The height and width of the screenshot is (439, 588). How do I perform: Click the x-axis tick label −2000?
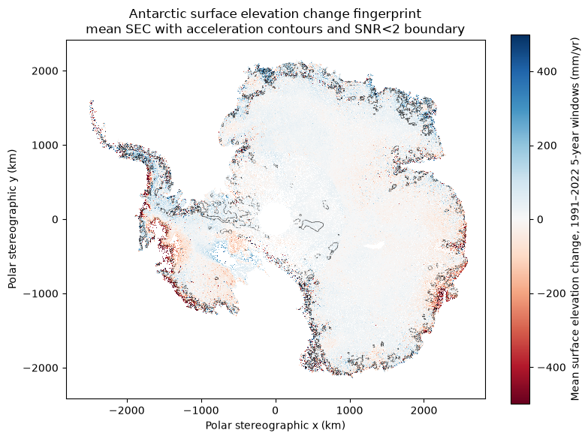(127, 410)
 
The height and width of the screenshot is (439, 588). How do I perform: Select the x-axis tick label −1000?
(201, 410)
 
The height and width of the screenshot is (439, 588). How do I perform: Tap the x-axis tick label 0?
(276, 410)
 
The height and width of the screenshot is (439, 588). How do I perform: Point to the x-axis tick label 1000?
(350, 410)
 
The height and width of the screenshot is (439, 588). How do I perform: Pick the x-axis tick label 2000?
(424, 410)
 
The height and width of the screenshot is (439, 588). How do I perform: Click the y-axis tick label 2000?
(46, 71)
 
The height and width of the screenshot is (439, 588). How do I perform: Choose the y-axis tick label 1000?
(46, 145)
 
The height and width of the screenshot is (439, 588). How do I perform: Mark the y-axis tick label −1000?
(41, 293)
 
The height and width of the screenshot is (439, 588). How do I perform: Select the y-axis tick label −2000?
(41, 368)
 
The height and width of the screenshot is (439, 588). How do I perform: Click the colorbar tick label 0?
(541, 220)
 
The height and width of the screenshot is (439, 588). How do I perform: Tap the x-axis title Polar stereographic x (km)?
(276, 425)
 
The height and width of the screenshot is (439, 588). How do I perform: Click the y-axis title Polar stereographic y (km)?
(12, 219)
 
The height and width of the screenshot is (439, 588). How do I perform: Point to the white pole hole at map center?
(276, 220)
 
